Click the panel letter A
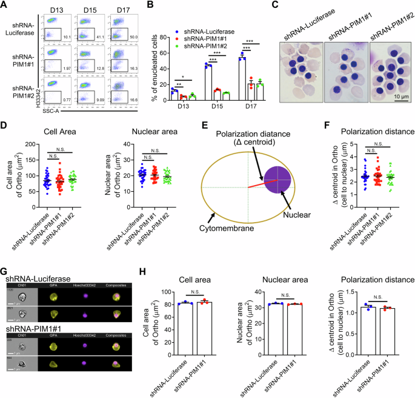click(5, 5)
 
